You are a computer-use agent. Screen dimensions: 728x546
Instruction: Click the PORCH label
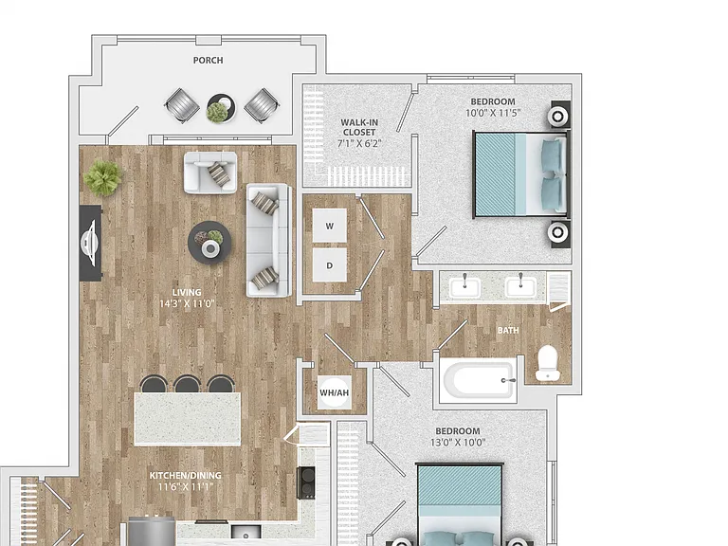tap(208, 61)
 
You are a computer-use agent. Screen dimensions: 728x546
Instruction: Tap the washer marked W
tap(330, 226)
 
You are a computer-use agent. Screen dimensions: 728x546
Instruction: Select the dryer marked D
tap(330, 265)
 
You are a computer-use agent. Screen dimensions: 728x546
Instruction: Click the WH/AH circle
tap(335, 392)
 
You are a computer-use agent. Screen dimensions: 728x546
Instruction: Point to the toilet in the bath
tap(547, 363)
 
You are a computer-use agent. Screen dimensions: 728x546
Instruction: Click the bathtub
tap(478, 380)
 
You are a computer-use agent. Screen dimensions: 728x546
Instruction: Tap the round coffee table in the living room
tap(209, 243)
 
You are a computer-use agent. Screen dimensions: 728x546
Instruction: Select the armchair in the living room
tap(210, 173)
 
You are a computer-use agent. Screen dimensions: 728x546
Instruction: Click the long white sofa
tap(269, 240)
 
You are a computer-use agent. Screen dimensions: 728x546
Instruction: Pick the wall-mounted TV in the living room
tap(91, 243)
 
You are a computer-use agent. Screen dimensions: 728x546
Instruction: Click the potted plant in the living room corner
tap(103, 177)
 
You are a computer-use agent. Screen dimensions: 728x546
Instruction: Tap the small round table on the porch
tap(221, 108)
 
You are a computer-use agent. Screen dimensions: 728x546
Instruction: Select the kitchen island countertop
tap(188, 419)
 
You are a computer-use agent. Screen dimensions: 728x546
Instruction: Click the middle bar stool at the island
tap(187, 384)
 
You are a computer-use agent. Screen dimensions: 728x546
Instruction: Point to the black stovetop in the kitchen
tap(306, 482)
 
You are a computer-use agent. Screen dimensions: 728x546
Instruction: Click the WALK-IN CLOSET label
tap(359, 127)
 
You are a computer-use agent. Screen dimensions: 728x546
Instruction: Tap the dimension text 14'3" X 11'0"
tap(187, 304)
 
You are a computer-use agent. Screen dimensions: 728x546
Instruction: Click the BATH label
tap(508, 331)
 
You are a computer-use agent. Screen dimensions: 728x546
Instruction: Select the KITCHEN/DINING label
tap(185, 476)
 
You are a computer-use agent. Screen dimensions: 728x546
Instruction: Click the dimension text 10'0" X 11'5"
tap(493, 113)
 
